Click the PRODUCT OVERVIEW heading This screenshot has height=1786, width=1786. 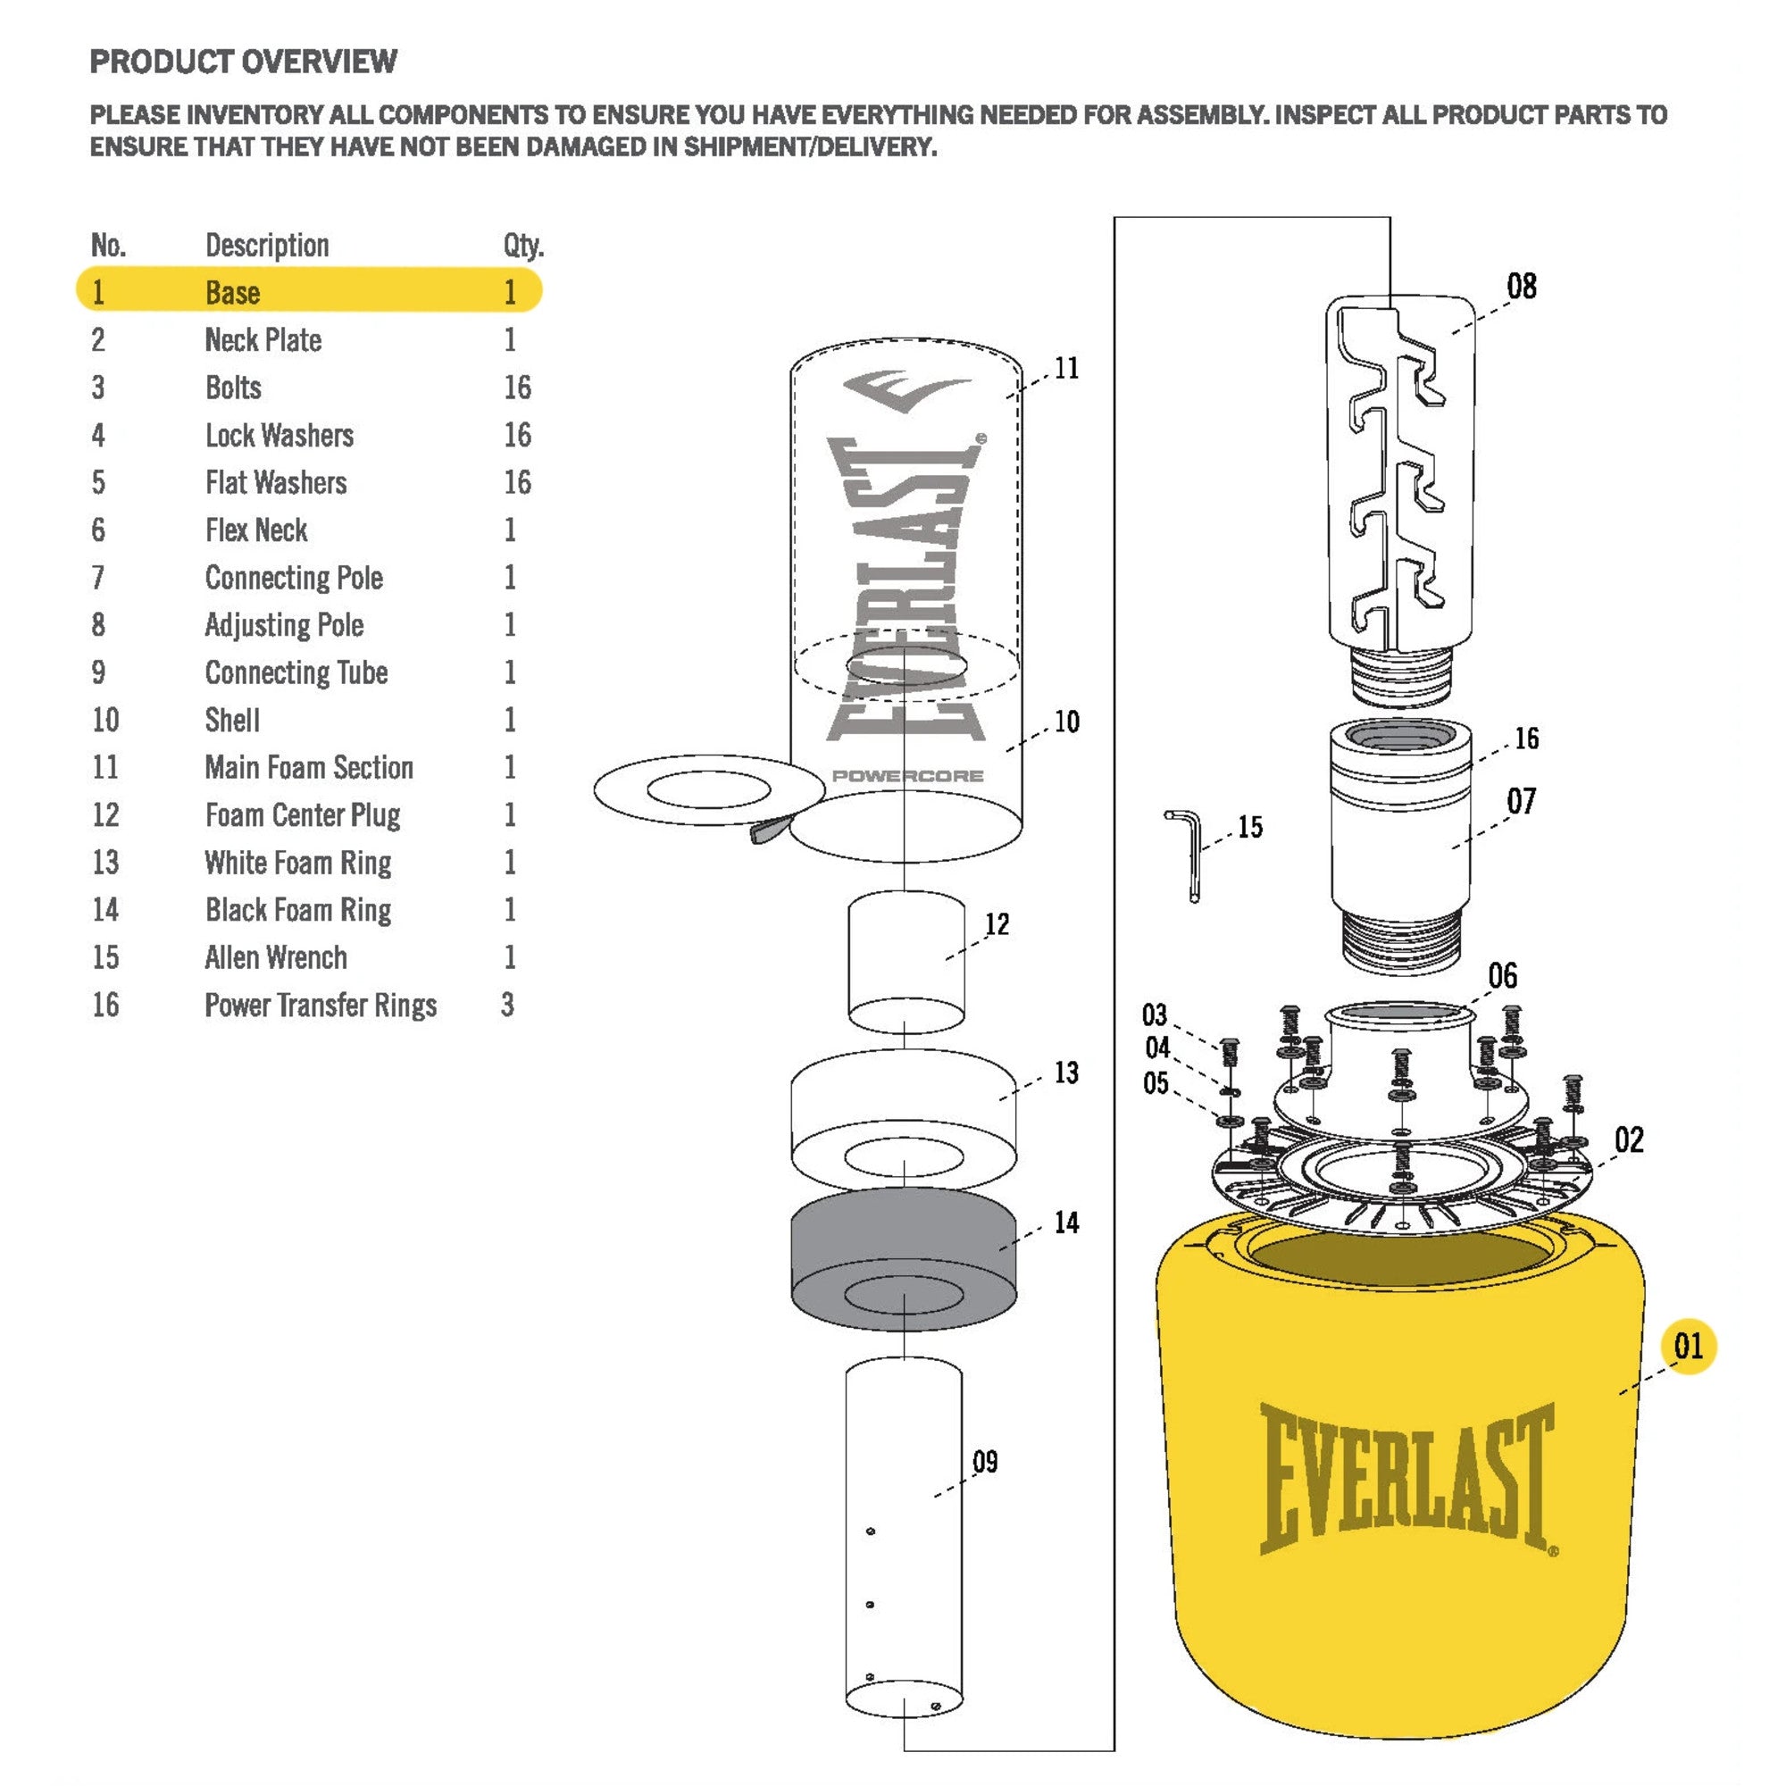coord(243,62)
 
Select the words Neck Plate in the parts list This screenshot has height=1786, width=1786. coord(263,340)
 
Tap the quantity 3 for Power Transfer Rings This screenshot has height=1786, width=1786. coord(507,1005)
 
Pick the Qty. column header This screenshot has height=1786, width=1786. coord(523,246)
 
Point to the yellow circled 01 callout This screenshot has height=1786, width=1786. coord(1688,1346)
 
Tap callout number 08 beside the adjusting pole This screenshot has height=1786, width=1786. coord(1522,287)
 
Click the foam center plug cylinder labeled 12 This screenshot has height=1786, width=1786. coord(906,962)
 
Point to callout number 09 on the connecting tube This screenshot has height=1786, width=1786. coord(986,1462)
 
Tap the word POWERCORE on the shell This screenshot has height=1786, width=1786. coord(907,776)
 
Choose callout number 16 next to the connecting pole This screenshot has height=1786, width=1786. coord(1526,739)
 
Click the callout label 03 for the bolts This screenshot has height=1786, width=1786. coord(1155,1015)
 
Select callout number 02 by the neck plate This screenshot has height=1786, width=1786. coord(1629,1139)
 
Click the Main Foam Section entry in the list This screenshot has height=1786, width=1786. coord(309,767)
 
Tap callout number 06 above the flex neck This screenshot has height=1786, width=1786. coord(1502,976)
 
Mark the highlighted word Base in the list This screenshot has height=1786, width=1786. coord(232,293)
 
